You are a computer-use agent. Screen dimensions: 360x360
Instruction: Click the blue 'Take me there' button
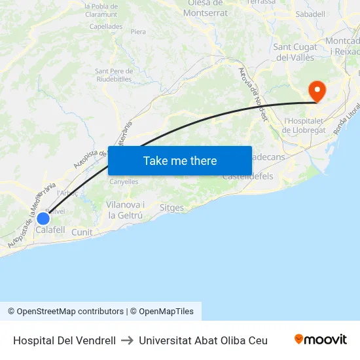point(179,160)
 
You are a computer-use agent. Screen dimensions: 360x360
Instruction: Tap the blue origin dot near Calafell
point(43,219)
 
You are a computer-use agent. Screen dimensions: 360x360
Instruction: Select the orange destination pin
point(317,90)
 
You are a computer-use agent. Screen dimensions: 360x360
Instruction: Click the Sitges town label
point(171,207)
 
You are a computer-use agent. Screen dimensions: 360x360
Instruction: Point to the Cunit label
point(82,232)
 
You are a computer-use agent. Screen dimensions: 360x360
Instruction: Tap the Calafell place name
point(50,230)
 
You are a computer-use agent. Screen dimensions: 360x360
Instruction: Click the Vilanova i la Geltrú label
point(126,210)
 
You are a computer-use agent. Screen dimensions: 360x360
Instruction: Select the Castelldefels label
point(247,177)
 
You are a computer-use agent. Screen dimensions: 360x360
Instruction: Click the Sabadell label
point(310,14)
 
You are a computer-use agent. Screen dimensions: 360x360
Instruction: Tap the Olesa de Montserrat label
point(206,8)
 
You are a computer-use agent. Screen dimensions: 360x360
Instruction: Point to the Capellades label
point(105,27)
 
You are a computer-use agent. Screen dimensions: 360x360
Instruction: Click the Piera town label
point(138,31)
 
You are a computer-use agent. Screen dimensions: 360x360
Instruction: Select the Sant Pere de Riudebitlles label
point(115,75)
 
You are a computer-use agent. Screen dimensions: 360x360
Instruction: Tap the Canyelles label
point(124,181)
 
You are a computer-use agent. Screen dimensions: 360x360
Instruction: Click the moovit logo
point(320,339)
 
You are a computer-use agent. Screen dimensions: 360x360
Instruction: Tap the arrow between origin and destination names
point(127,340)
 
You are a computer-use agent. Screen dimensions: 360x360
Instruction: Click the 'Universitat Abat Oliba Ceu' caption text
point(203,340)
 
